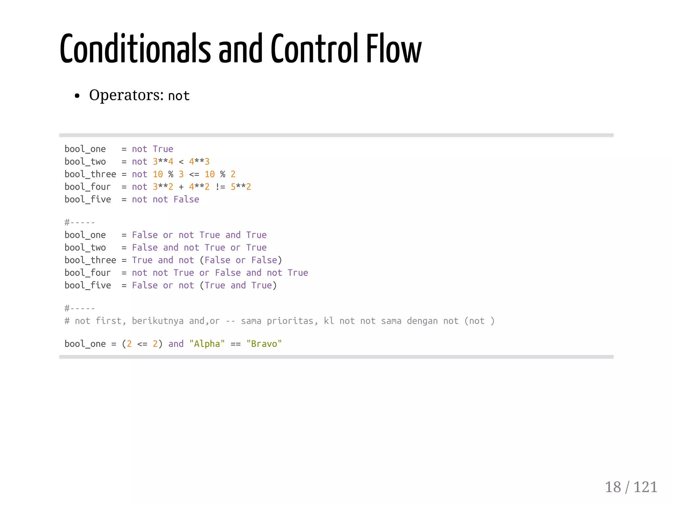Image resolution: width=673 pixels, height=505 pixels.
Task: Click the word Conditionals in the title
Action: [135, 49]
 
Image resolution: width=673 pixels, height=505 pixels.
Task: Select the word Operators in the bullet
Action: [126, 95]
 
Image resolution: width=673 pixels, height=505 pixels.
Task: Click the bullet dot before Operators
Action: [77, 96]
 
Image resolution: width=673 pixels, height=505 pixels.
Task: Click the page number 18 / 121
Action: [631, 487]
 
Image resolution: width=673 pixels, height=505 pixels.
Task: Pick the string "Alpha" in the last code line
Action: [207, 344]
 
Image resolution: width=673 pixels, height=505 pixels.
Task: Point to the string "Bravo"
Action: [264, 344]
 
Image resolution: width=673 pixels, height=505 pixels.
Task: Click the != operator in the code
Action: [220, 187]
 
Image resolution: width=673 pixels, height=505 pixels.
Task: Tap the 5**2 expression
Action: [241, 187]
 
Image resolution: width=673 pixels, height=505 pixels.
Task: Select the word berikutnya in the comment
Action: [158, 321]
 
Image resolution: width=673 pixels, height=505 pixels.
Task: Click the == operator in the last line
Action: [236, 344]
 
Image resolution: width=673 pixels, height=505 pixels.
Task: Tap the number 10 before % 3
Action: [158, 174]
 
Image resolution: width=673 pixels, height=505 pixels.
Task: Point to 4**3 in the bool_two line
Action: [199, 162]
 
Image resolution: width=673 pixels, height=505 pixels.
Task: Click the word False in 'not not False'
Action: [186, 199]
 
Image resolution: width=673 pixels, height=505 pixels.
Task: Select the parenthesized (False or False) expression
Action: [241, 260]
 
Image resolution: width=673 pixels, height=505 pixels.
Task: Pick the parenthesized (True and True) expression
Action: [238, 286]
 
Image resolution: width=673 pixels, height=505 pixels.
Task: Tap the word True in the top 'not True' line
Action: [163, 149]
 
